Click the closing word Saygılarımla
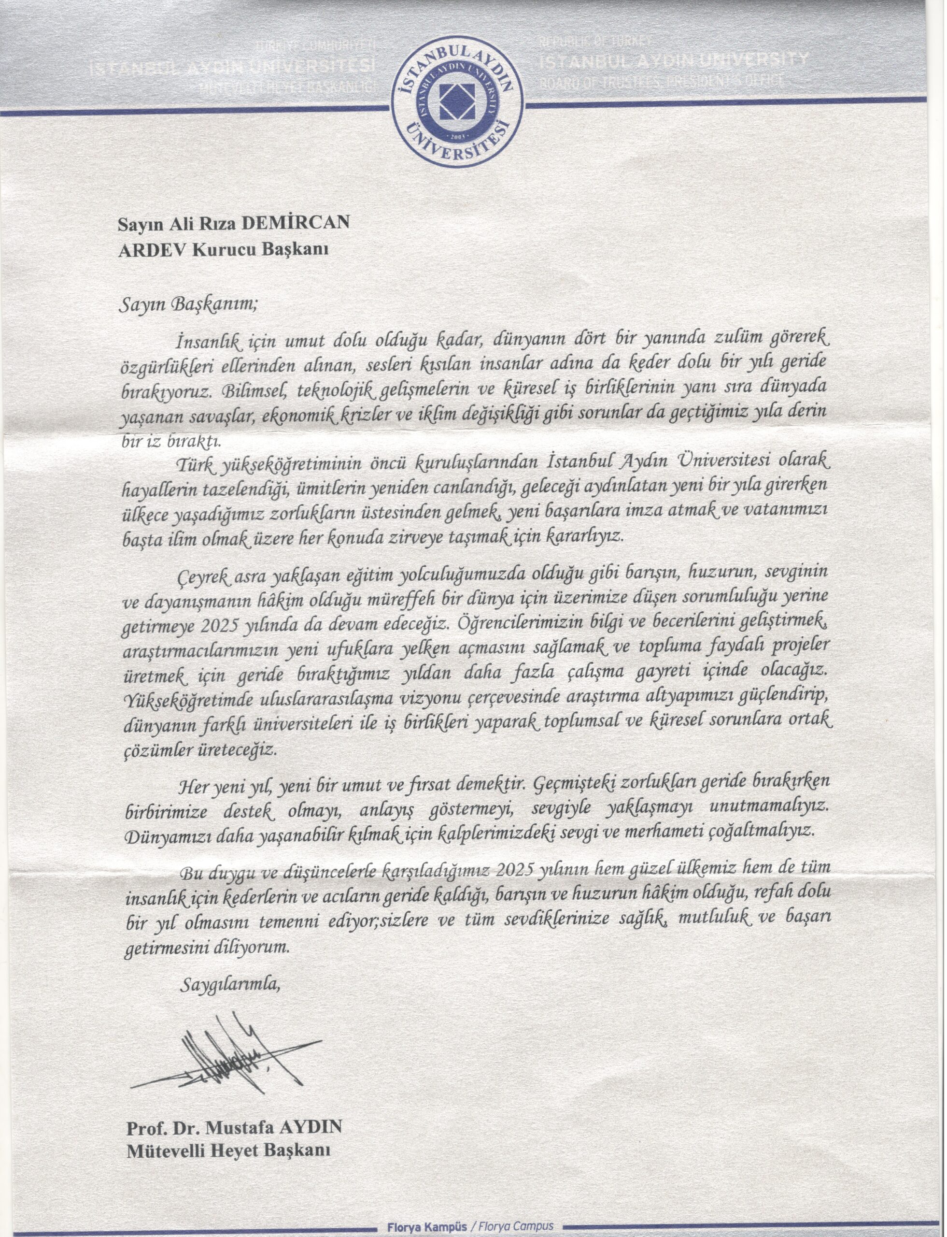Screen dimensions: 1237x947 [x=230, y=987]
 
